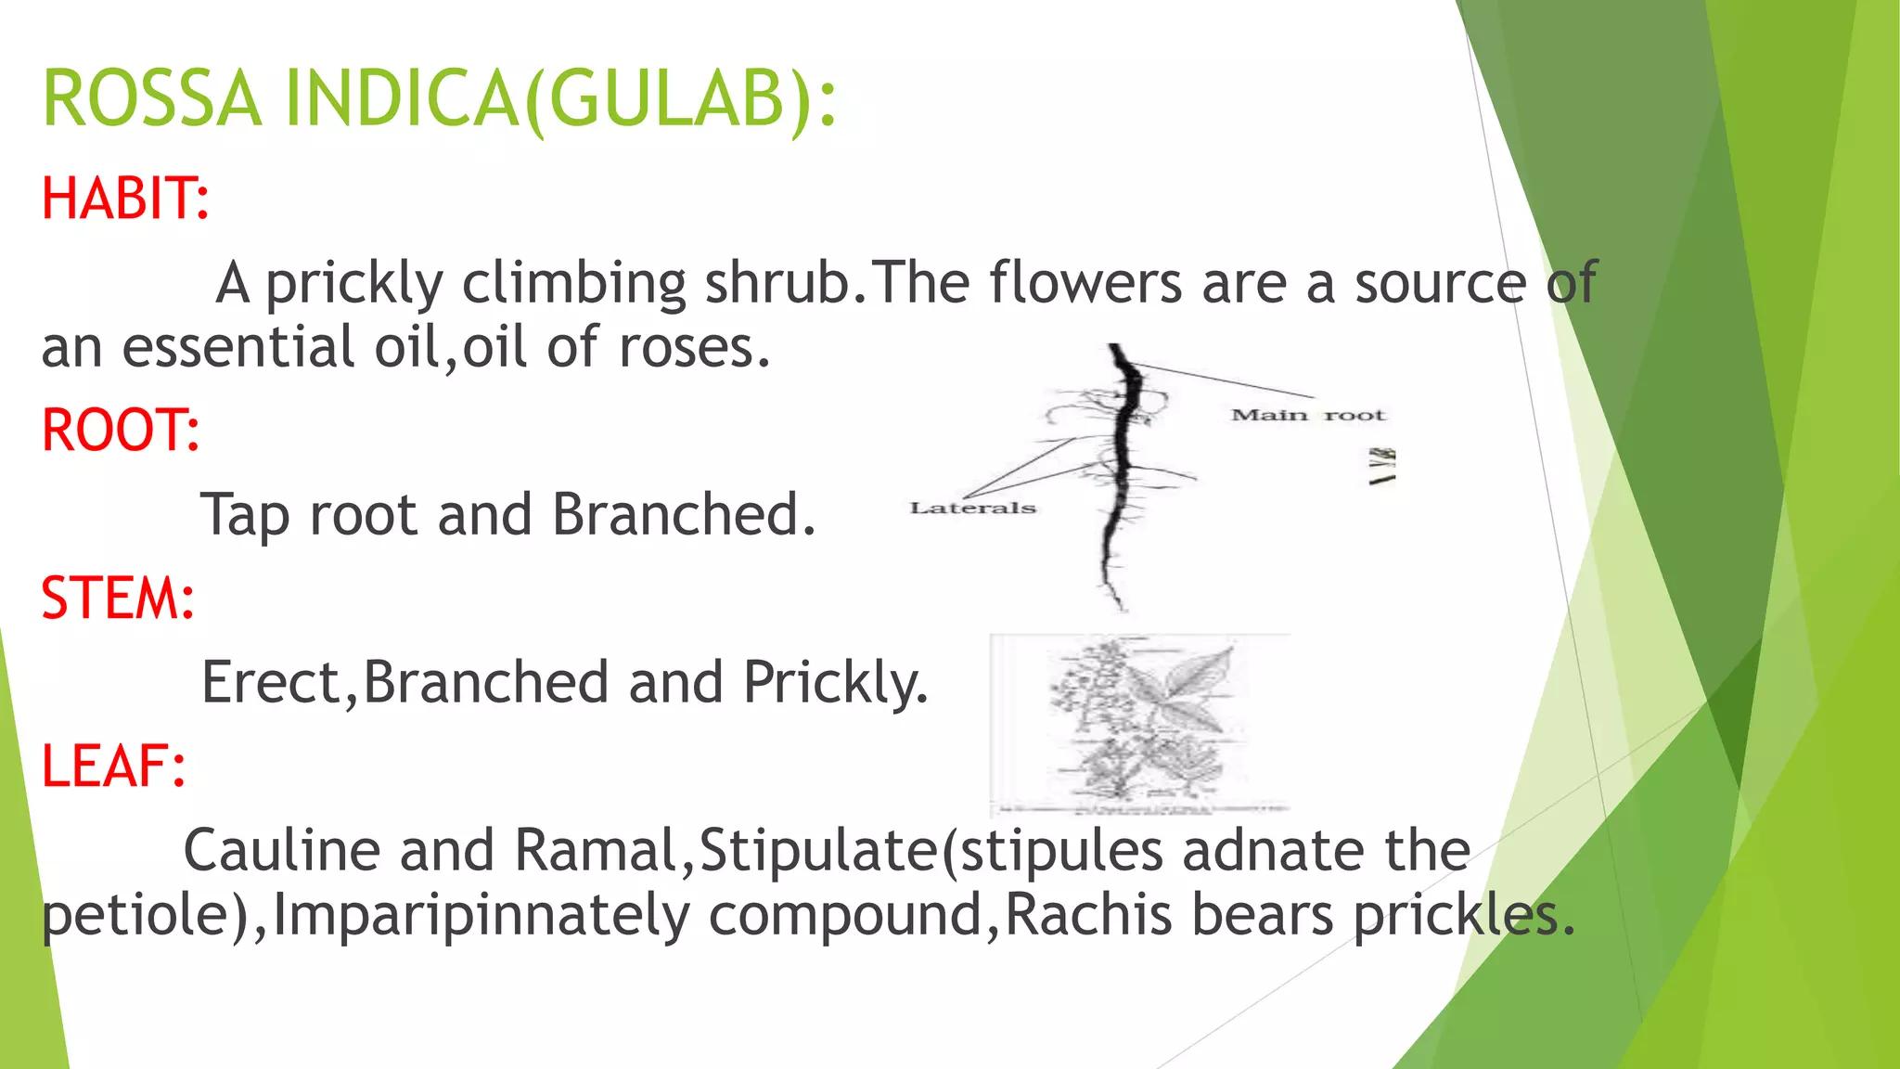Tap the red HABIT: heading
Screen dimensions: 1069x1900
[125, 199]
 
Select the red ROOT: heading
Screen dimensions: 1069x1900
[121, 431]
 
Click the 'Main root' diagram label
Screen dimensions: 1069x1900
[1307, 415]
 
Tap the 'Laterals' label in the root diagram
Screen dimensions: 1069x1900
[972, 508]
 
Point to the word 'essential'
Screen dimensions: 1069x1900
[238, 347]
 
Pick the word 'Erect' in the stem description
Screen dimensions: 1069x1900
[272, 682]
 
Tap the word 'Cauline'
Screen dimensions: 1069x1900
[282, 850]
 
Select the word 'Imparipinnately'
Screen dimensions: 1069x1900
[481, 915]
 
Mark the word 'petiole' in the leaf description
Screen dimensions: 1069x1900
[135, 917]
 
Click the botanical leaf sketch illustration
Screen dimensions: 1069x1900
[1140, 724]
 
